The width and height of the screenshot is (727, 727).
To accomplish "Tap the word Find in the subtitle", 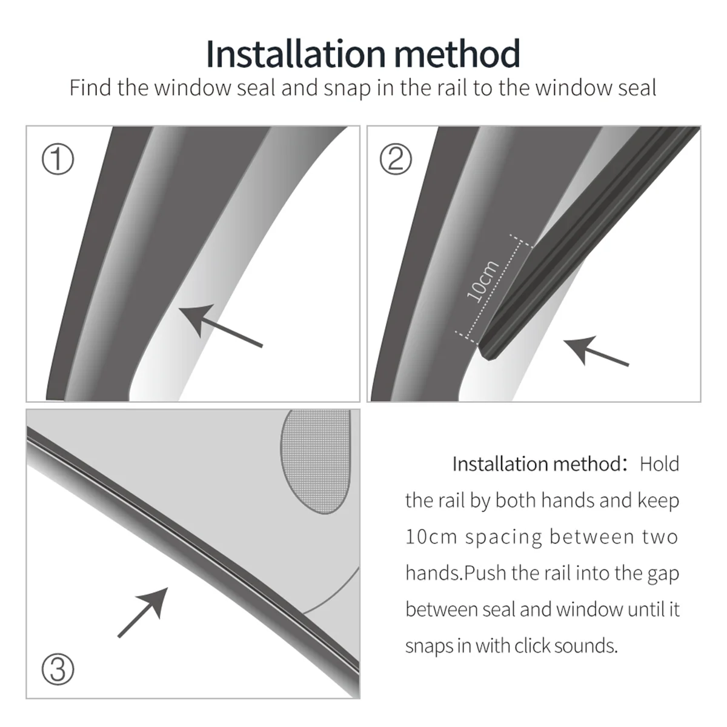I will [x=90, y=88].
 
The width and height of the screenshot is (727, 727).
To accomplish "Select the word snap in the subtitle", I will [x=347, y=89].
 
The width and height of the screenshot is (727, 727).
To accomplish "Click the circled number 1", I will [x=58, y=159].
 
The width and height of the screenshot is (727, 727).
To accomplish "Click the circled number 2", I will [x=396, y=159].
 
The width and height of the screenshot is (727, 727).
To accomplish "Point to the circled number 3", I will [x=58, y=669].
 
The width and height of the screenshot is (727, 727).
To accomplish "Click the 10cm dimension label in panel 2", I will [x=483, y=281].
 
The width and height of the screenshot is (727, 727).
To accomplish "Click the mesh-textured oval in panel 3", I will [x=316, y=460].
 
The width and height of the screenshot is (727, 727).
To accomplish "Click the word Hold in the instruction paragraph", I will [x=659, y=464].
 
